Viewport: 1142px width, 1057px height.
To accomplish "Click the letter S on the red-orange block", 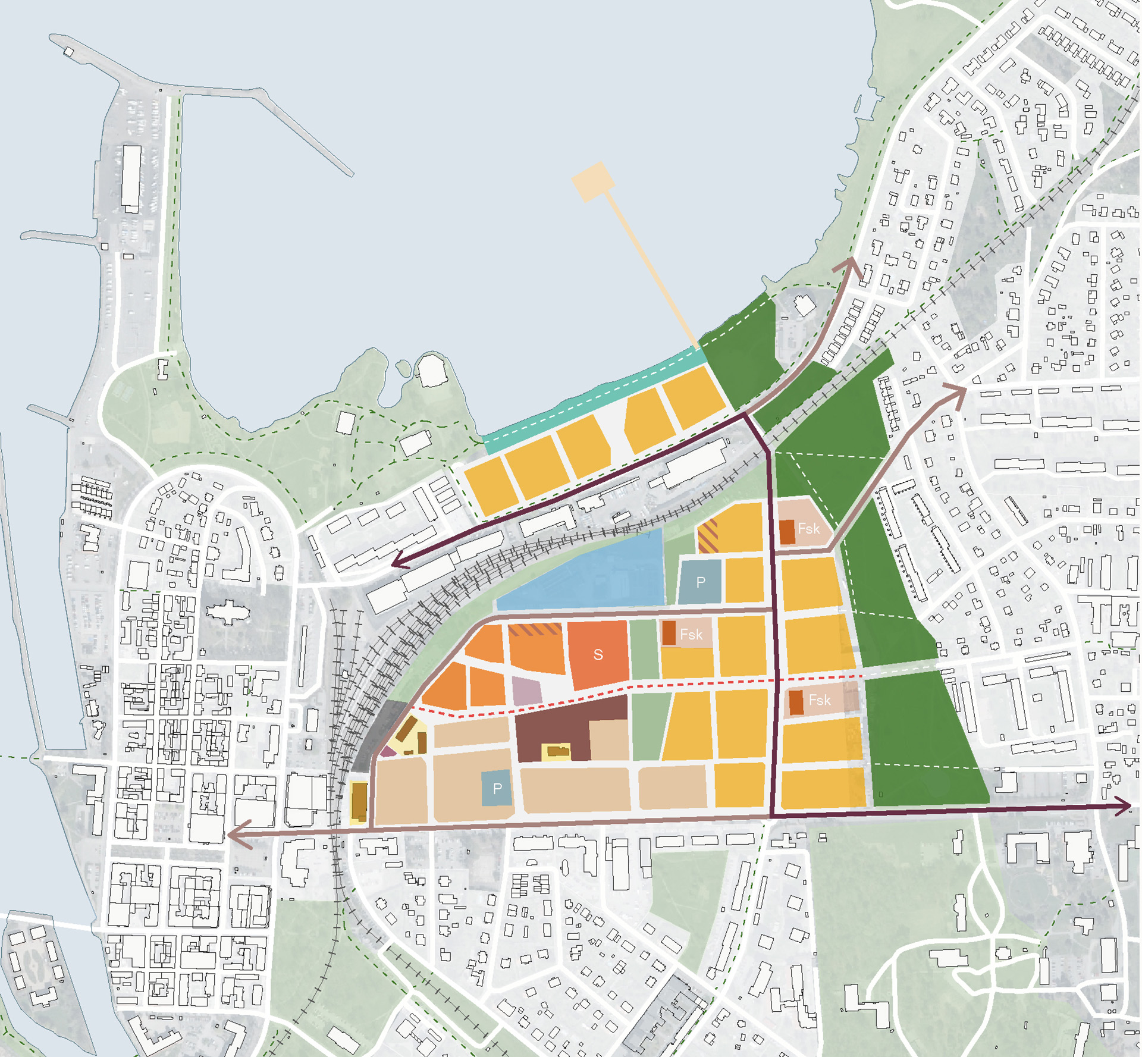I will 598,655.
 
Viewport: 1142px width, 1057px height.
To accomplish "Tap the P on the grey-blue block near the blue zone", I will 701,582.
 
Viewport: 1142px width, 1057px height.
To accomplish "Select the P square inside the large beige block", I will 497,789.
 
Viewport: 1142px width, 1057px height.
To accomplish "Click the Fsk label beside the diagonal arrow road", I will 808,528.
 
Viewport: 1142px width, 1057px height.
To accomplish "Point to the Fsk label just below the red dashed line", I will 819,700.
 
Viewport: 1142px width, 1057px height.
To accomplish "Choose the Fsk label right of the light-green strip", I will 691,634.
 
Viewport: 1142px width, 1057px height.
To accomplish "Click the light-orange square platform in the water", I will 593,181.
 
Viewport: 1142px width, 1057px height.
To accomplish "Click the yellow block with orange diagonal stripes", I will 708,535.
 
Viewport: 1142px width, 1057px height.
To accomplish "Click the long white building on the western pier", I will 131,177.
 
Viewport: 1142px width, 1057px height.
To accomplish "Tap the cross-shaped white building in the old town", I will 227,613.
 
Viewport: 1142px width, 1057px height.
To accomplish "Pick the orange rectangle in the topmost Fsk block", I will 787,532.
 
